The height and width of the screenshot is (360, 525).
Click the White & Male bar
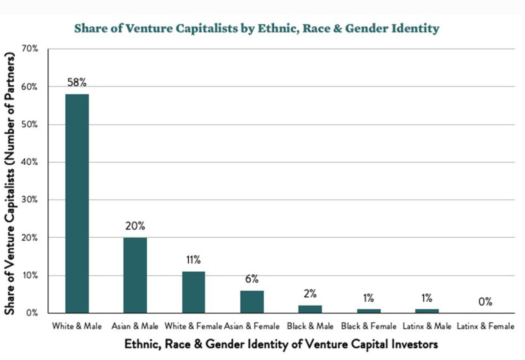coord(77,203)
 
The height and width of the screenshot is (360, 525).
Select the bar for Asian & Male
coord(135,275)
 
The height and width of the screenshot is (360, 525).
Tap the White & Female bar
coord(193,292)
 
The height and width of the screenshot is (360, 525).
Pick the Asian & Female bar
coord(252,302)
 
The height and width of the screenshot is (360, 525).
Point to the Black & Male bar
coord(310,309)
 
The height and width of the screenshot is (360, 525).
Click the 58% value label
coord(77,82)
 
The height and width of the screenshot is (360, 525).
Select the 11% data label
coord(193,260)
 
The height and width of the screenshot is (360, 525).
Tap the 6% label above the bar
coord(252,279)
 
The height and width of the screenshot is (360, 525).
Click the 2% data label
coord(310,294)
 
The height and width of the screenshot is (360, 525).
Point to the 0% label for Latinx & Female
coord(485,302)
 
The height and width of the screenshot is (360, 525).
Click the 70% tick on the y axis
coord(30,49)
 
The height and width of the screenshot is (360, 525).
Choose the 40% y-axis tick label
coord(30,162)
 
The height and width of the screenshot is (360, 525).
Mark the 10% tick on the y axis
coord(30,275)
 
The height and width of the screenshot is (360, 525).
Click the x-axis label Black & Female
coord(368,326)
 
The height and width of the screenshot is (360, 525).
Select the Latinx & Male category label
coord(427,326)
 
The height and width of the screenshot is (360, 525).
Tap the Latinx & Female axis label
coord(485,326)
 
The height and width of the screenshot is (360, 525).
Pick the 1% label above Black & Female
coord(368,298)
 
